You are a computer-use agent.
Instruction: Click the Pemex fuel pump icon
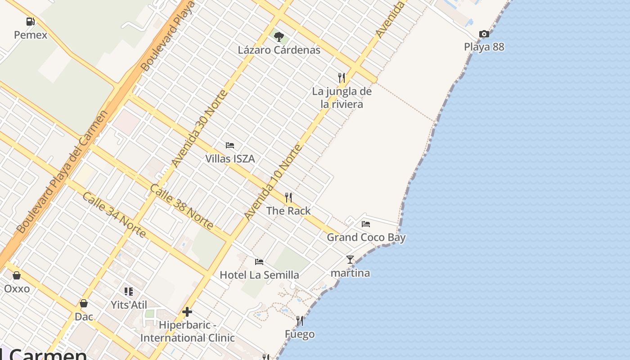[x=30, y=21]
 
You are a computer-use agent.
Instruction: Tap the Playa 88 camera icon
[x=484, y=34]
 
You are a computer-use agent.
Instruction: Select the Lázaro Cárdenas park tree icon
[x=279, y=36]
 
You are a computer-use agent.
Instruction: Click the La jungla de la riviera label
[x=342, y=98]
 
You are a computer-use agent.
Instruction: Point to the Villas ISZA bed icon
[x=230, y=145]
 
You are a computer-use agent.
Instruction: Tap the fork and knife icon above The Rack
[x=288, y=197]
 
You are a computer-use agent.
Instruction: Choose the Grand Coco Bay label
[x=366, y=237]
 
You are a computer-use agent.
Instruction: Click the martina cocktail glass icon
[x=350, y=260]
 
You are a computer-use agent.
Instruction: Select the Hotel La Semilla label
[x=259, y=274]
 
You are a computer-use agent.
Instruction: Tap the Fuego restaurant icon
[x=300, y=321]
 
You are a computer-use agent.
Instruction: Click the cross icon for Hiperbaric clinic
[x=187, y=311]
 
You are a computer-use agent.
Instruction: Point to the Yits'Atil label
[x=129, y=305]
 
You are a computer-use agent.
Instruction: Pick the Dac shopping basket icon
[x=84, y=303]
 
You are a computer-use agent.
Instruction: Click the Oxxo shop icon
[x=17, y=275]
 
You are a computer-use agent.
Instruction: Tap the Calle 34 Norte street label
[x=114, y=215]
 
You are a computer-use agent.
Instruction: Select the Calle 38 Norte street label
[x=181, y=207]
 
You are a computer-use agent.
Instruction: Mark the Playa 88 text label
[x=484, y=47]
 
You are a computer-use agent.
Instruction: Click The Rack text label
[x=288, y=211]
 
